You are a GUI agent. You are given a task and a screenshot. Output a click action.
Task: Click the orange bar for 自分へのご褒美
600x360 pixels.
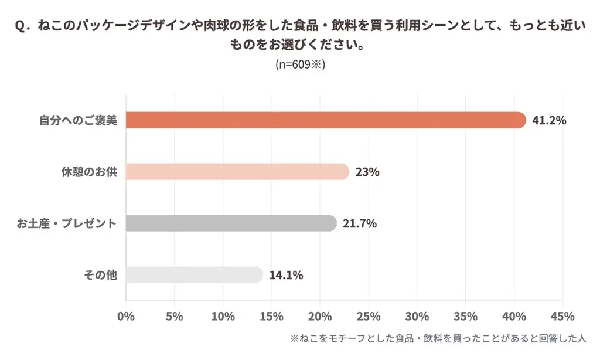point(326,120)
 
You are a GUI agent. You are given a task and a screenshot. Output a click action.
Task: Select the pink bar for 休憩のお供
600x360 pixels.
point(237,172)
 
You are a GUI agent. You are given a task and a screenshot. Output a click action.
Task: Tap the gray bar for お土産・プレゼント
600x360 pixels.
point(231,223)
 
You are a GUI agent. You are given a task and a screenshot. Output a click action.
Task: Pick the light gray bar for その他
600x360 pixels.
point(194,274)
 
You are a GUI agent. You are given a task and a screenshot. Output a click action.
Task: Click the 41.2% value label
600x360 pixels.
point(549,121)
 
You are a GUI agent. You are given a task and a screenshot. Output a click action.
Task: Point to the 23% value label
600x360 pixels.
point(367,172)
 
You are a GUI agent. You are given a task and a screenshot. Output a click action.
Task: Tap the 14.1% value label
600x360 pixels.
point(286,274)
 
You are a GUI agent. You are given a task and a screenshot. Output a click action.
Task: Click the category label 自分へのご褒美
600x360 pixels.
point(79,121)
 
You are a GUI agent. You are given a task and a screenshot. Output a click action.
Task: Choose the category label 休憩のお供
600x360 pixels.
point(89,172)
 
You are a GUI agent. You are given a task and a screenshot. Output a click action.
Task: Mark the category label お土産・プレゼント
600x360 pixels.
point(67,223)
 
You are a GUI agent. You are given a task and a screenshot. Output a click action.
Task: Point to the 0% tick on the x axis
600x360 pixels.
point(126,317)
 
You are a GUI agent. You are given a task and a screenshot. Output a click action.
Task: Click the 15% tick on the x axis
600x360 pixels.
point(271,317)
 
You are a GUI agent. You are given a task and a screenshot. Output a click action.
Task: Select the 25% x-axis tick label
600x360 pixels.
point(369,317)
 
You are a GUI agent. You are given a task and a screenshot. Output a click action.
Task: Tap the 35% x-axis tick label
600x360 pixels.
point(465,317)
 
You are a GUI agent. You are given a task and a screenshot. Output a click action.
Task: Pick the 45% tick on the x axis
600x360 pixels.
point(562,317)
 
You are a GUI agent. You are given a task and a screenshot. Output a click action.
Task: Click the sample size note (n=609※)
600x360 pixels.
point(300,64)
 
